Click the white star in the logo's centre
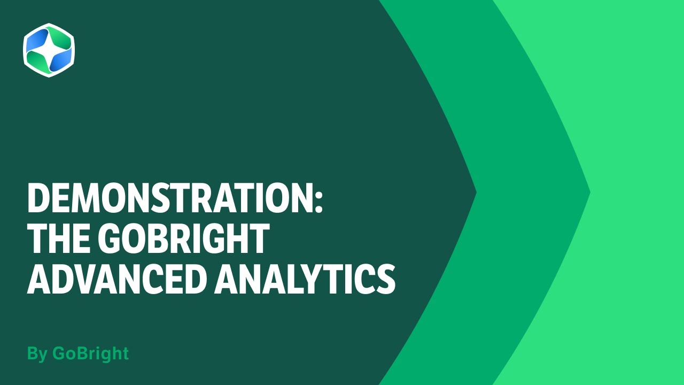click(49, 50)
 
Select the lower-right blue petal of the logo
click(60, 60)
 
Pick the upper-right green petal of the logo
click(59, 41)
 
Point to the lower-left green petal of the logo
click(38, 60)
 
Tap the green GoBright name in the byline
click(90, 354)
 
